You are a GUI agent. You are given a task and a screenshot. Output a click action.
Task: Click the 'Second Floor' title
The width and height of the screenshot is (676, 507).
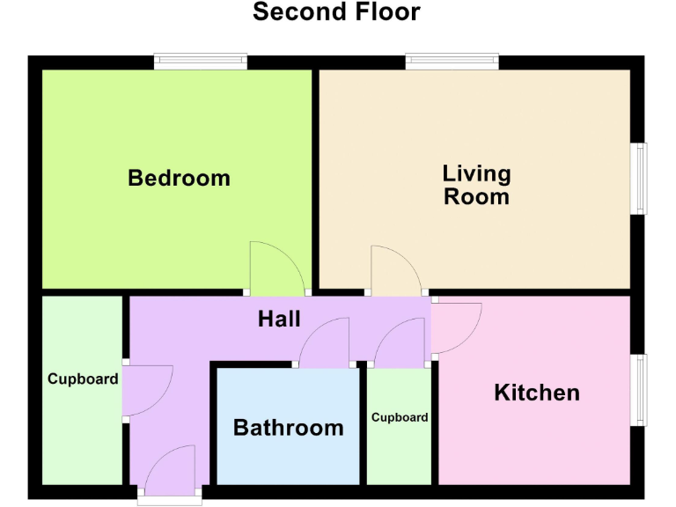(336, 12)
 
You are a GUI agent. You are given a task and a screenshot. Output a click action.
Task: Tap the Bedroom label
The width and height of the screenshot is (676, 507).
(179, 178)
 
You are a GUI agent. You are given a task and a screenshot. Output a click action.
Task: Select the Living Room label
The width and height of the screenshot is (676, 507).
(476, 184)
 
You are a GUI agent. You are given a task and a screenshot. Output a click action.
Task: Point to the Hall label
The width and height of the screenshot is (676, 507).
(279, 319)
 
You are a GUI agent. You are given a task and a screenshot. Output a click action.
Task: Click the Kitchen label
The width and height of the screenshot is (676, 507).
(537, 393)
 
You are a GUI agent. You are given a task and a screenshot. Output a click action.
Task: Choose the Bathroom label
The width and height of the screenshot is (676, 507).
(288, 429)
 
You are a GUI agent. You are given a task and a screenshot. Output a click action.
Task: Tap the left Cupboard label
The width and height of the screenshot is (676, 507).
(83, 379)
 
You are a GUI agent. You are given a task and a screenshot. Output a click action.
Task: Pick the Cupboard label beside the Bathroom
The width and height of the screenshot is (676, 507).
(400, 417)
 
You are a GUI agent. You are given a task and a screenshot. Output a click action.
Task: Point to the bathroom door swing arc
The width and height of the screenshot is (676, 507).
(326, 343)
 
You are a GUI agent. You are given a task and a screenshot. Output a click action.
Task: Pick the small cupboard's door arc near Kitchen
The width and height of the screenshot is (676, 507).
(401, 343)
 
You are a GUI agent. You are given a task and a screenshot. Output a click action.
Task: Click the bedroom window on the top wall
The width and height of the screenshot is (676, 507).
(200, 62)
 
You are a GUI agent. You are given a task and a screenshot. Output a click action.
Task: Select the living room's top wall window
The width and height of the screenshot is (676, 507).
(452, 62)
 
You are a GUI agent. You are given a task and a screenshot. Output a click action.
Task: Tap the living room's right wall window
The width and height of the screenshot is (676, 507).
(642, 179)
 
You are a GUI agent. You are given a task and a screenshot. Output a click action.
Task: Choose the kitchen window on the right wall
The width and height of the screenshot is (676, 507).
(642, 390)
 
